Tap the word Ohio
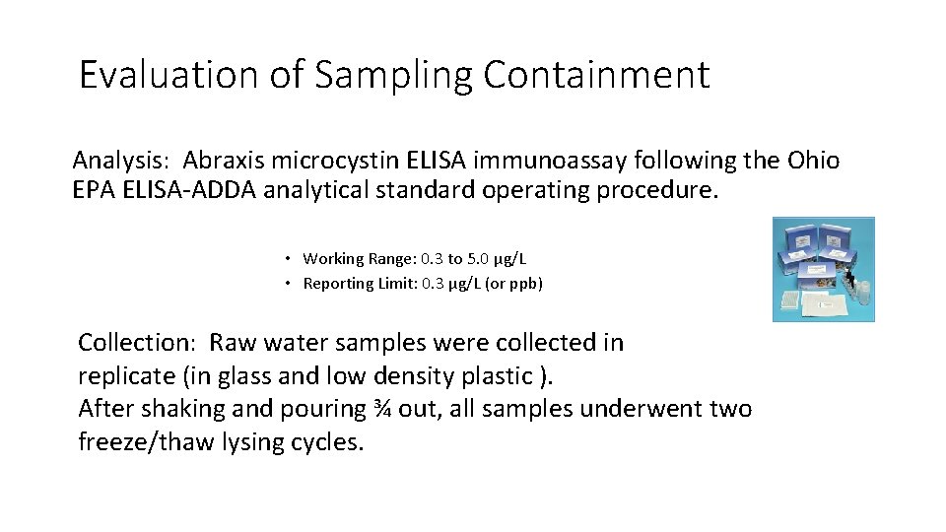click(813, 161)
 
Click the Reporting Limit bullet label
click(360, 284)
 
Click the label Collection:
click(138, 343)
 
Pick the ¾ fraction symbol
click(382, 409)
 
